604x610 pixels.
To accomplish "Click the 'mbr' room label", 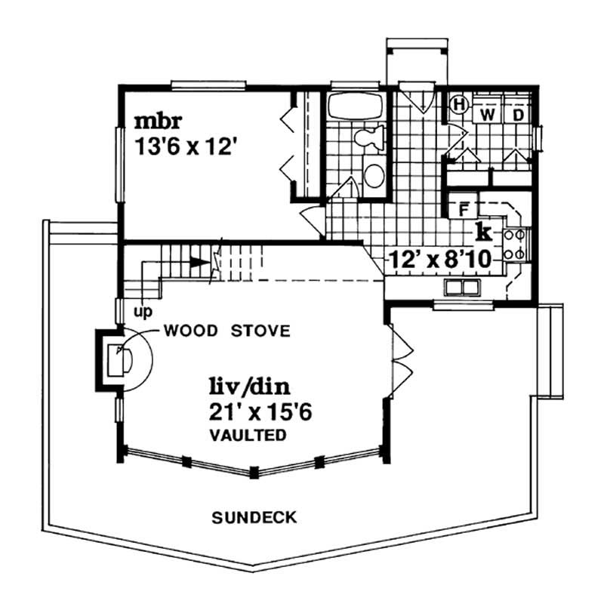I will pos(159,121).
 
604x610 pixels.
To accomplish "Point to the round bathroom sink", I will pos(374,176).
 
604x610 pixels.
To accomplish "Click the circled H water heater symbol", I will pos(458,106).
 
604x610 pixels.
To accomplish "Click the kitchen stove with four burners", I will pos(519,243).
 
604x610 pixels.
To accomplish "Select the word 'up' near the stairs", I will pos(139,310).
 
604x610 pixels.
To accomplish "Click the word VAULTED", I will pos(248,435).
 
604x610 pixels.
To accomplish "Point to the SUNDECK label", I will pos(254,517).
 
